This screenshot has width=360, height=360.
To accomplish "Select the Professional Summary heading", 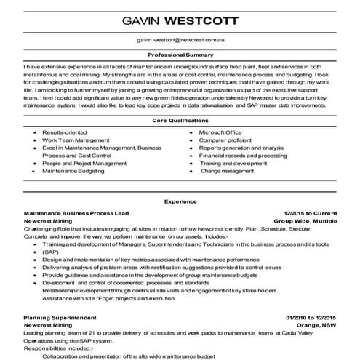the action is (180, 55).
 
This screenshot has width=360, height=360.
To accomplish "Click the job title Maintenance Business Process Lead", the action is (76, 212).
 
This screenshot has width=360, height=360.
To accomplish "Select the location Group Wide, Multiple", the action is (305, 219).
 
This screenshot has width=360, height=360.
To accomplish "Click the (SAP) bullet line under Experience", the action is (50, 251).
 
